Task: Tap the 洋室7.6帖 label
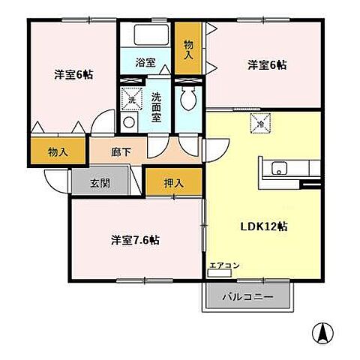click(135, 240)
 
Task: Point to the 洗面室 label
click(156, 101)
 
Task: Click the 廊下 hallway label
click(121, 152)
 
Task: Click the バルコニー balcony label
click(247, 297)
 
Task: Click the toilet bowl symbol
click(187, 100)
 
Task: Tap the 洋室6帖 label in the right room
click(266, 65)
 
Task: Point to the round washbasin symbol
click(129, 121)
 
